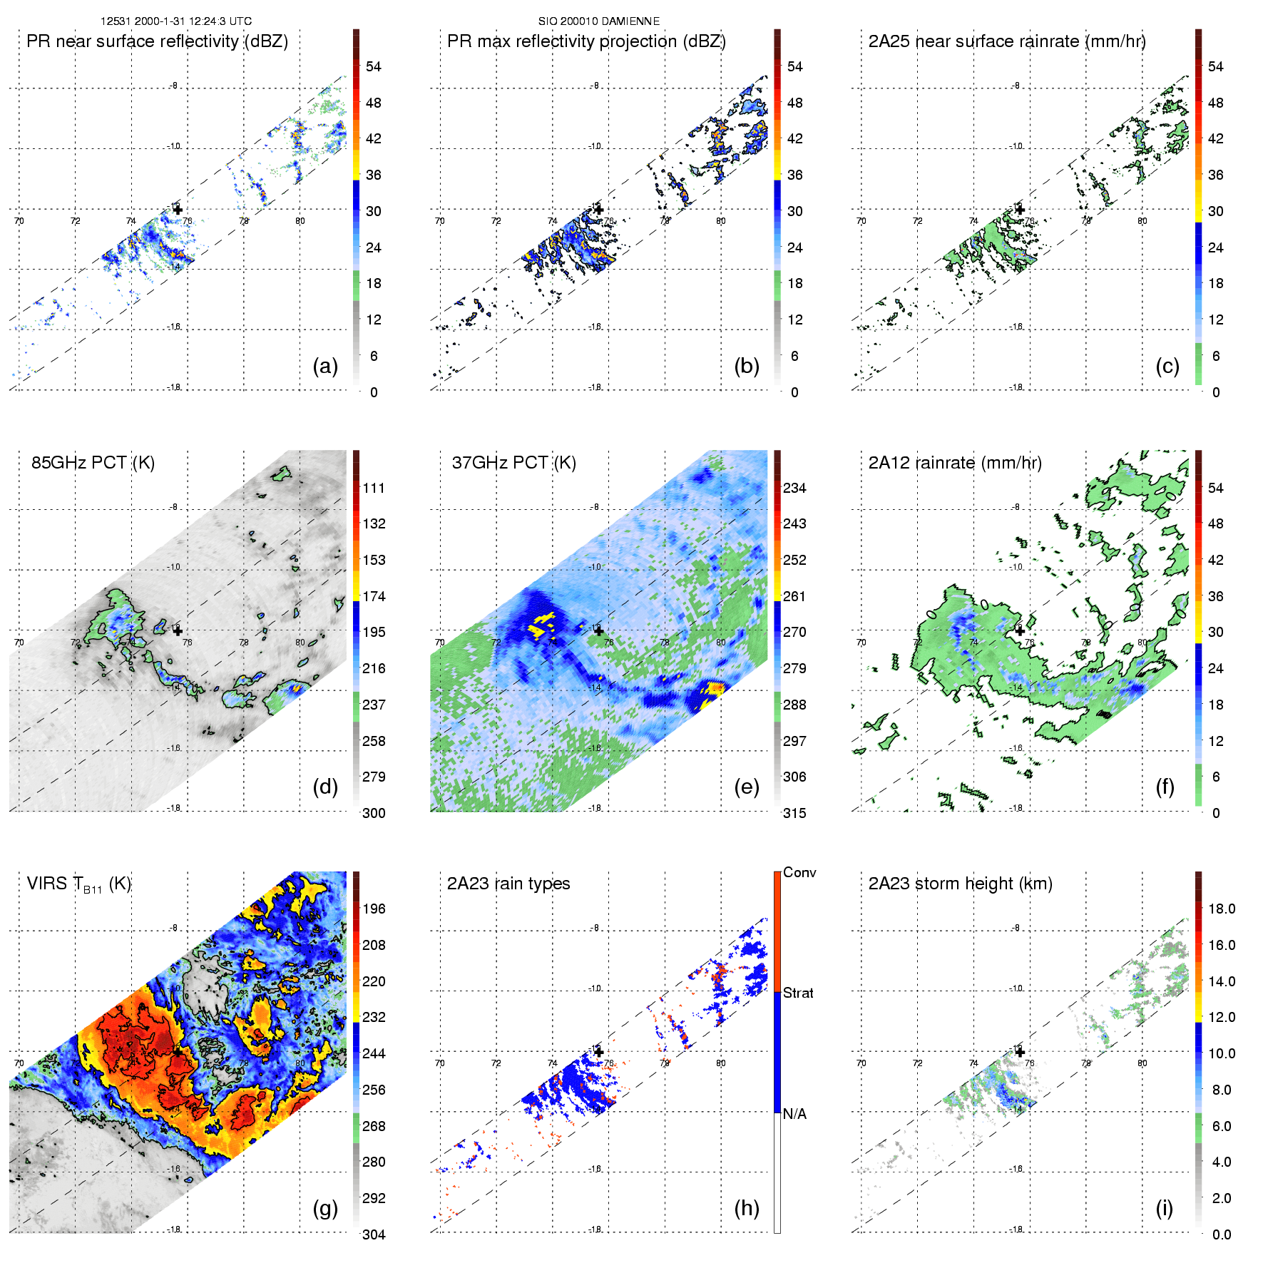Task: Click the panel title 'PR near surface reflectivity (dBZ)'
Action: pos(157,41)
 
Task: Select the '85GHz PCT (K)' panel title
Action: pos(93,463)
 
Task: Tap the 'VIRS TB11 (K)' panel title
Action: pos(78,884)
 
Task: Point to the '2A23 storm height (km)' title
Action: pos(960,884)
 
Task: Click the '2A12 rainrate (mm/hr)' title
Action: pos(955,463)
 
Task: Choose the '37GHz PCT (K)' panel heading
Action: pos(513,463)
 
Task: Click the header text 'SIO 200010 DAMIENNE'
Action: pos(598,21)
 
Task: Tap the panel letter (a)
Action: pos(325,367)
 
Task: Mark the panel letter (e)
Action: pos(746,787)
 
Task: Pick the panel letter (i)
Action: pos(1164,1208)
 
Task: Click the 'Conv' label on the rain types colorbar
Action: pos(799,873)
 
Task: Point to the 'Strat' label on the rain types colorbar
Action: pos(798,993)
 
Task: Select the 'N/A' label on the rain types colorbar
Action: pos(794,1114)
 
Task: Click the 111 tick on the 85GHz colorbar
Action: pos(374,489)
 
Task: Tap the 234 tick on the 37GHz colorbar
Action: pos(794,489)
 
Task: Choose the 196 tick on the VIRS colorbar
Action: pos(374,909)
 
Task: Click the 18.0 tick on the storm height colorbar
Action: pos(1222,909)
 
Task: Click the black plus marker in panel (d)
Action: pos(178,630)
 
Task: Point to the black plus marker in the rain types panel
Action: pos(598,1052)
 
